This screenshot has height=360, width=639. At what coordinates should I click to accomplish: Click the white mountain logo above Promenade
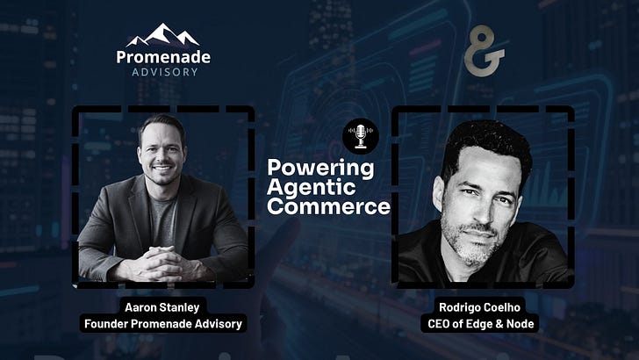point(163,34)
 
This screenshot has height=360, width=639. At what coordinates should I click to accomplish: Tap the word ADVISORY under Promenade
point(165,72)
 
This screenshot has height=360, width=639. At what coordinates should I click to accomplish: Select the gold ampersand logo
point(484,51)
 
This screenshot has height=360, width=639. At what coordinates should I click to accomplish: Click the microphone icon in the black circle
point(361,136)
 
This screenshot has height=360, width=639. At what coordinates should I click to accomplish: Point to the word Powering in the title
point(320,169)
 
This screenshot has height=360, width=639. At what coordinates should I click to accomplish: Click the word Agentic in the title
point(312,187)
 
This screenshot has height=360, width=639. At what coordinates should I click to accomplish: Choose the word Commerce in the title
point(328,206)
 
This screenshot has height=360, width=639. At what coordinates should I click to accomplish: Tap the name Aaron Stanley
point(162,307)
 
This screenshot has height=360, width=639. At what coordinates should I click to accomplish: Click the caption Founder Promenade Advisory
point(163,324)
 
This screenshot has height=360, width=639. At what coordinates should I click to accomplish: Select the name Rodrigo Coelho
point(479,307)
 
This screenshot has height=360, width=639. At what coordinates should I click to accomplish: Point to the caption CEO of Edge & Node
point(480,324)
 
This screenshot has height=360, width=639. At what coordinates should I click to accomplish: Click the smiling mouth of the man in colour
point(162,168)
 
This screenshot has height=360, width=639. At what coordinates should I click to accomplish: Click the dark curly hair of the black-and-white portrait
point(485,143)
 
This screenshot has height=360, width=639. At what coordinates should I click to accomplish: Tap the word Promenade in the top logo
point(163,57)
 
